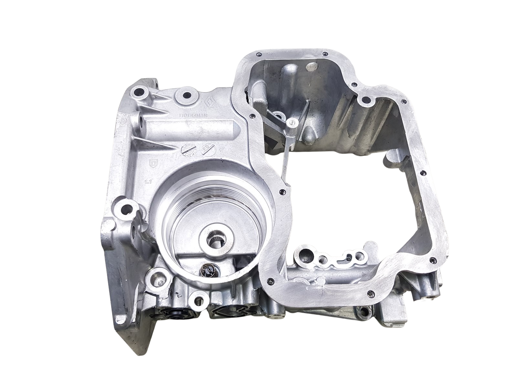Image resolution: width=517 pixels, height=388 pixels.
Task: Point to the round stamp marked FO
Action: pos(206,149)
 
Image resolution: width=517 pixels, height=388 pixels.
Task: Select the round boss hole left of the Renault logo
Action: pos(186,95)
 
